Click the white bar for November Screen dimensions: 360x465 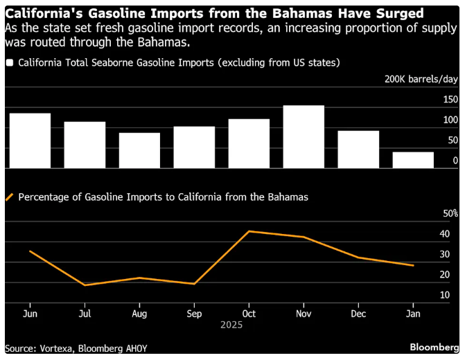click(x=304, y=137)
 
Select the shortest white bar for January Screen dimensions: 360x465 click(x=413, y=160)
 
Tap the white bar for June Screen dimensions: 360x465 click(x=30, y=141)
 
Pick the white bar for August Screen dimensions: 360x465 click(x=139, y=150)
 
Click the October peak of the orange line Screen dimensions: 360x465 click(x=249, y=231)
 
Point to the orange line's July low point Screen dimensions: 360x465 click(x=85, y=285)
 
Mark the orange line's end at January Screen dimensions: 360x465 click(x=414, y=265)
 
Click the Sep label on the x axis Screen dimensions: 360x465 click(x=194, y=313)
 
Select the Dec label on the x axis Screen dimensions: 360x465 click(x=358, y=313)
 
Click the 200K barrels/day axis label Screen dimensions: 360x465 click(x=421, y=79)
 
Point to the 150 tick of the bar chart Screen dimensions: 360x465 click(x=450, y=100)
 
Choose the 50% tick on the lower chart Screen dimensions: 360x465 click(x=450, y=213)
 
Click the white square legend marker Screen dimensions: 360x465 click(x=10, y=62)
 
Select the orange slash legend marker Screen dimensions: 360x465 click(x=10, y=197)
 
